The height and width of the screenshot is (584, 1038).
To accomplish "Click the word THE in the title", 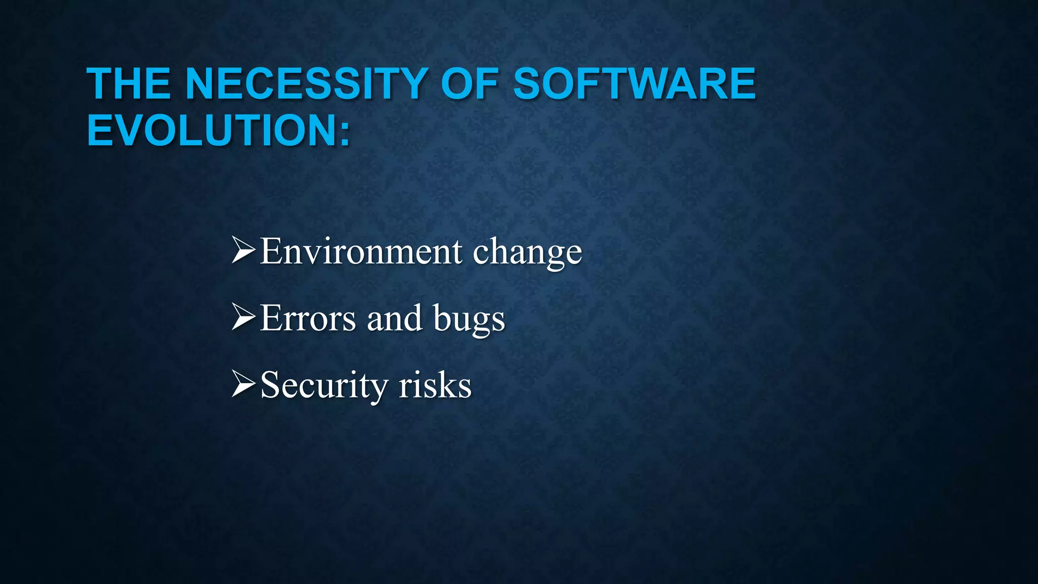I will pyautogui.click(x=129, y=84).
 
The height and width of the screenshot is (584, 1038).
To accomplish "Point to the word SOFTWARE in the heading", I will pyautogui.click(x=634, y=84).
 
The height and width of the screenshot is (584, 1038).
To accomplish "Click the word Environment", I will pyautogui.click(x=360, y=252).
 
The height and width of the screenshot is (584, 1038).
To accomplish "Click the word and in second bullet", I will pyautogui.click(x=394, y=319).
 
